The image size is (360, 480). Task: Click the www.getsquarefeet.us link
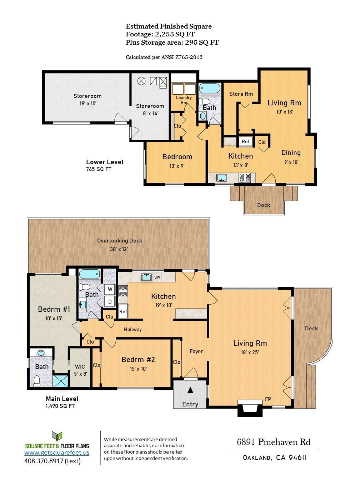pos(57,452)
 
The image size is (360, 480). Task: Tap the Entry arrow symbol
pos(190,390)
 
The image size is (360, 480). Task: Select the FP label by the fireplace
pos(267,399)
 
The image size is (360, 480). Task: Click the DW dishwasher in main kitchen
pos(157,277)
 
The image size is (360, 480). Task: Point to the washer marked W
pos(110,289)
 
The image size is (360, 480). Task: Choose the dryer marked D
pos(110,302)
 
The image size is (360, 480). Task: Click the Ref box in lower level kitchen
pos(245,141)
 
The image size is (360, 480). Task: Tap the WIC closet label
pos(80,366)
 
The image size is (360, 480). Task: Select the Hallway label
pos(133,329)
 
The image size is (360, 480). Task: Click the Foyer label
pos(196,351)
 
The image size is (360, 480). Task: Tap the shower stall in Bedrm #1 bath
pos(61,380)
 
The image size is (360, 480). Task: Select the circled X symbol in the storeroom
pos(141,81)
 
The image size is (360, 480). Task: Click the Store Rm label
pos(241,94)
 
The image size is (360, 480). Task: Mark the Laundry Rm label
pos(184,100)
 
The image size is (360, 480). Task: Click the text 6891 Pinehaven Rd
pos(274,442)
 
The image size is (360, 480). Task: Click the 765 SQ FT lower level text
pos(99,169)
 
